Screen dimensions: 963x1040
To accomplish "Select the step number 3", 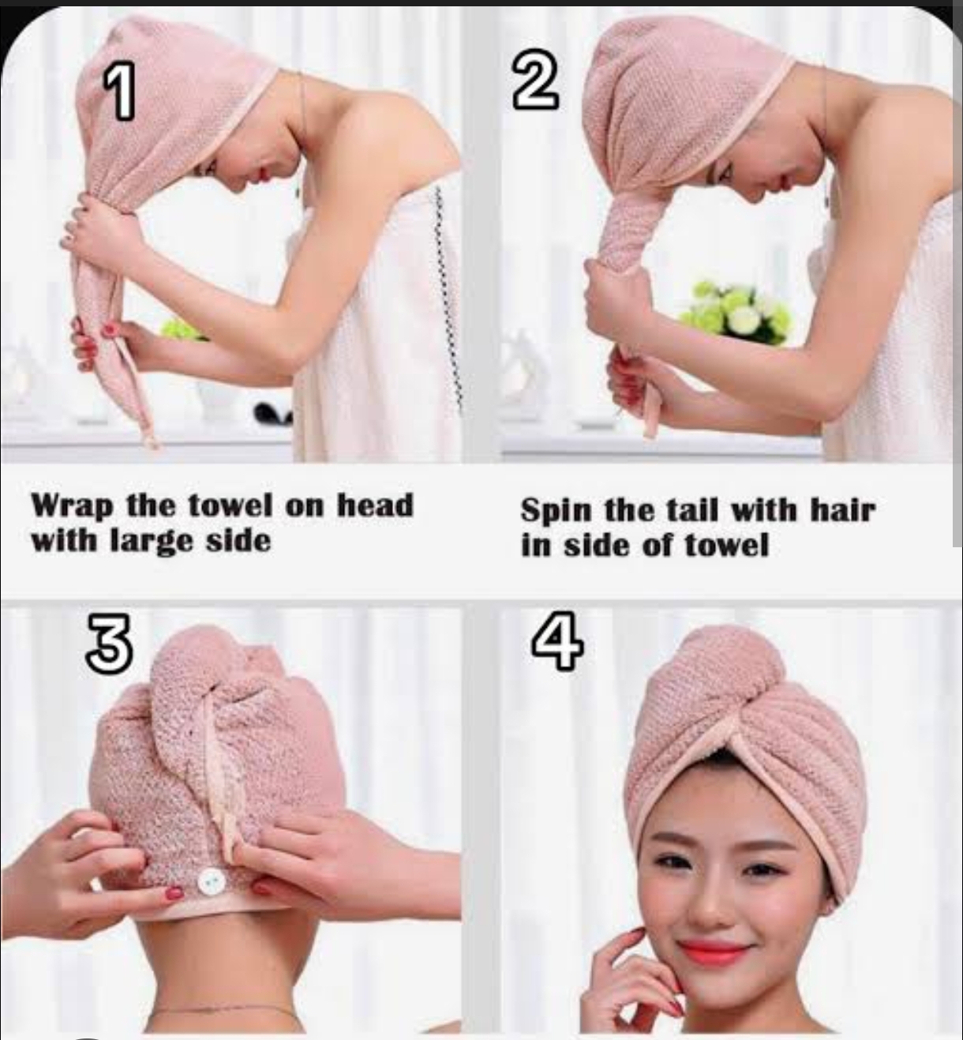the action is click(110, 643).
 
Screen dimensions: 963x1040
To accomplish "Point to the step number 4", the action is click(557, 640).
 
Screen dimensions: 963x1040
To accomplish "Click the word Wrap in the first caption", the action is click(73, 506).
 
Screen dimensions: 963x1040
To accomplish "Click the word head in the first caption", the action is click(375, 505).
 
